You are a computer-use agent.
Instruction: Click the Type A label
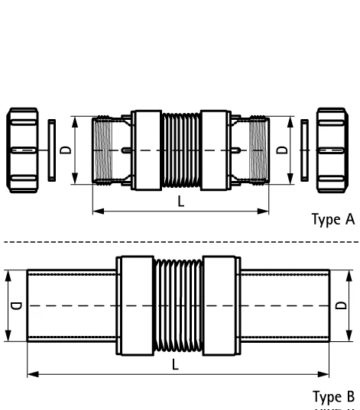pyautogui.click(x=333, y=221)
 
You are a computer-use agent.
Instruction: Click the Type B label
pyautogui.click(x=333, y=397)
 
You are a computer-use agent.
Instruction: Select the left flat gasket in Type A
pyautogui.click(x=50, y=150)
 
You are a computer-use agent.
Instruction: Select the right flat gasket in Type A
pyautogui.click(x=306, y=150)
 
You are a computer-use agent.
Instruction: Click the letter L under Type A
pyautogui.click(x=180, y=202)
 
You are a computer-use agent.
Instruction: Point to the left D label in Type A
pyautogui.click(x=66, y=150)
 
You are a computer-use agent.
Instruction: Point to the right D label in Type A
pyautogui.click(x=282, y=150)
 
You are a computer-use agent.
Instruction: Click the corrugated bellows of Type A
pyautogui.click(x=180, y=150)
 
